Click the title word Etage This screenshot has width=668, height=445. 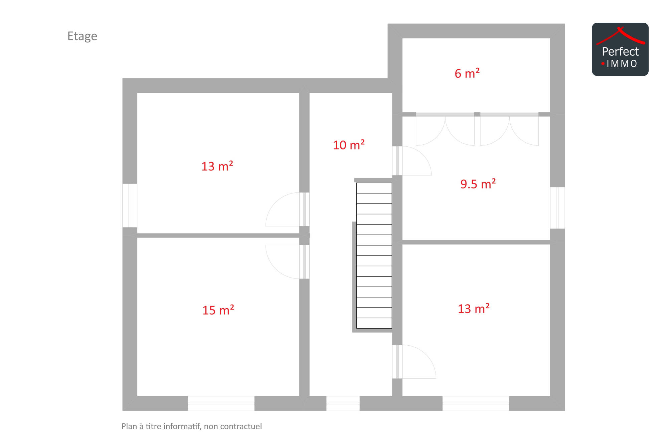(x=82, y=36)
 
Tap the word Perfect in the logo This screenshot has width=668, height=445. (x=620, y=51)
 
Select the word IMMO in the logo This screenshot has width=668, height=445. (x=622, y=64)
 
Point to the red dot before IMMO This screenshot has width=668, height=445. (x=603, y=63)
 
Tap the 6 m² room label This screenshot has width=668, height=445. (x=467, y=73)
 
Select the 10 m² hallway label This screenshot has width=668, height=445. (x=349, y=145)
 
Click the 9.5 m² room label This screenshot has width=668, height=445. (x=478, y=184)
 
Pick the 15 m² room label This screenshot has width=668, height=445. (x=218, y=310)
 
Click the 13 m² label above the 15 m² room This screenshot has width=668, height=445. (x=217, y=166)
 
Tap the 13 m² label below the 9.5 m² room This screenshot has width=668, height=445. (x=474, y=309)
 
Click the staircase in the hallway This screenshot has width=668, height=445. (x=374, y=256)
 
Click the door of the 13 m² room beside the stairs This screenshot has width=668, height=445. (x=414, y=362)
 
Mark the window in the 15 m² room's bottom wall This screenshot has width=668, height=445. (x=221, y=403)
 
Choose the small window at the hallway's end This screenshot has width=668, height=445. (x=343, y=403)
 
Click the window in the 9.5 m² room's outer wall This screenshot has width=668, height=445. (x=557, y=208)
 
